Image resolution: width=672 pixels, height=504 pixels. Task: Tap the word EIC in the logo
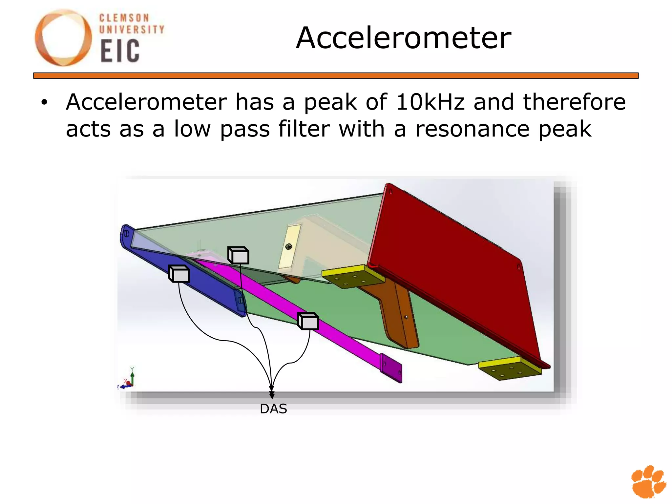pyautogui.click(x=120, y=51)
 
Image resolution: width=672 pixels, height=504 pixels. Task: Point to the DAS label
pyautogui.click(x=273, y=409)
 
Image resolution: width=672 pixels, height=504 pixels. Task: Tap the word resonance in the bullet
pyautogui.click(x=472, y=129)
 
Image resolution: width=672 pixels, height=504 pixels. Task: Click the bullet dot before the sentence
pyautogui.click(x=44, y=102)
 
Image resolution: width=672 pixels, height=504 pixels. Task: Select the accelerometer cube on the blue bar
pyautogui.click(x=179, y=274)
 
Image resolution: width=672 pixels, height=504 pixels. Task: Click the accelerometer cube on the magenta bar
pyautogui.click(x=308, y=321)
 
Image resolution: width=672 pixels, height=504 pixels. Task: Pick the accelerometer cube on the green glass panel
pyautogui.click(x=239, y=255)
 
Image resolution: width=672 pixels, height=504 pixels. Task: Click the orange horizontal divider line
pyautogui.click(x=336, y=76)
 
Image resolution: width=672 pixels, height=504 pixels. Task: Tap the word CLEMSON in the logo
pyautogui.click(x=124, y=18)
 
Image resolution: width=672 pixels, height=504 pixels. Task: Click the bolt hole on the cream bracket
pyautogui.click(x=289, y=246)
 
